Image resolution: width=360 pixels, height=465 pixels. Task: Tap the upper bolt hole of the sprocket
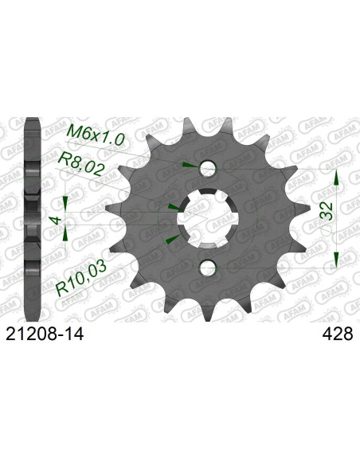[208, 169]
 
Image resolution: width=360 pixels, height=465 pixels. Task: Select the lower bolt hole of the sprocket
[208, 266]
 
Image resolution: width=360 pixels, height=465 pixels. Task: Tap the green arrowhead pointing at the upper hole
[187, 165]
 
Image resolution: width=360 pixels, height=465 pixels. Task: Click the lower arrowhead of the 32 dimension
[336, 259]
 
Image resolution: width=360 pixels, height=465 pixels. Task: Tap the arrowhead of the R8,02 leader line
[174, 205]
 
